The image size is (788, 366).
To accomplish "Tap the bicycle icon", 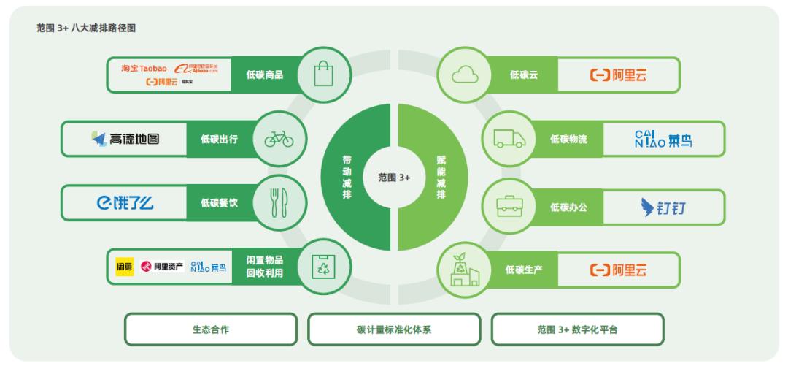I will coord(279,139).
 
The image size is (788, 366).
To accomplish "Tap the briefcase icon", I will coord(509,206).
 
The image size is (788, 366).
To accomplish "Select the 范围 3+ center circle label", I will coord(394,177).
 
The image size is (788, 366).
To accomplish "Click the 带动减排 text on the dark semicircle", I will coord(347,177).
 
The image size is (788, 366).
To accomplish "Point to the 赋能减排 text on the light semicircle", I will coord(441,177).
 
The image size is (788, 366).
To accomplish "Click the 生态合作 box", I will coord(211,329).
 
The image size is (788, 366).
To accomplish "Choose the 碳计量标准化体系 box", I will coord(394,329).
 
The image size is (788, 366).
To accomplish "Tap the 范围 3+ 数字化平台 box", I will coord(577,329).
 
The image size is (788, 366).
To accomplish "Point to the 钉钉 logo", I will coord(661,207).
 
